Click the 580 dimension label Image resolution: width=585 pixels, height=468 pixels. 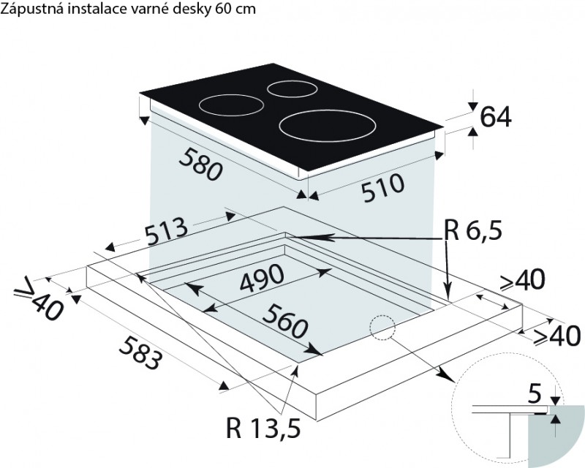coord(200,164)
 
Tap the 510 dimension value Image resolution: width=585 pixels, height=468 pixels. coord(383,188)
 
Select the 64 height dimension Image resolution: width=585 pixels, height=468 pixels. coord(496,117)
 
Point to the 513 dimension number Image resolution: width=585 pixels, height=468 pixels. coord(166,232)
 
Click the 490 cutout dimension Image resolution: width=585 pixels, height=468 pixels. coord(262,279)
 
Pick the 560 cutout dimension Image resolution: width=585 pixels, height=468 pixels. coord(285,320)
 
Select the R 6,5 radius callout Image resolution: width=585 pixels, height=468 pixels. coord(473,230)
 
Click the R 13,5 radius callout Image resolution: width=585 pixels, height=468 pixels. coord(263,428)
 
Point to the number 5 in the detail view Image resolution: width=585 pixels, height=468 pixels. coord(535,395)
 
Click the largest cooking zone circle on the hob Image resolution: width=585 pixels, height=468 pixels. coord(328,125)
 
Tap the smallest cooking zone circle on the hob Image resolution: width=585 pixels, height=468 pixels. coord(293,89)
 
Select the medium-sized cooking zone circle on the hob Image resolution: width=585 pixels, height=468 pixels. coord(232,105)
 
